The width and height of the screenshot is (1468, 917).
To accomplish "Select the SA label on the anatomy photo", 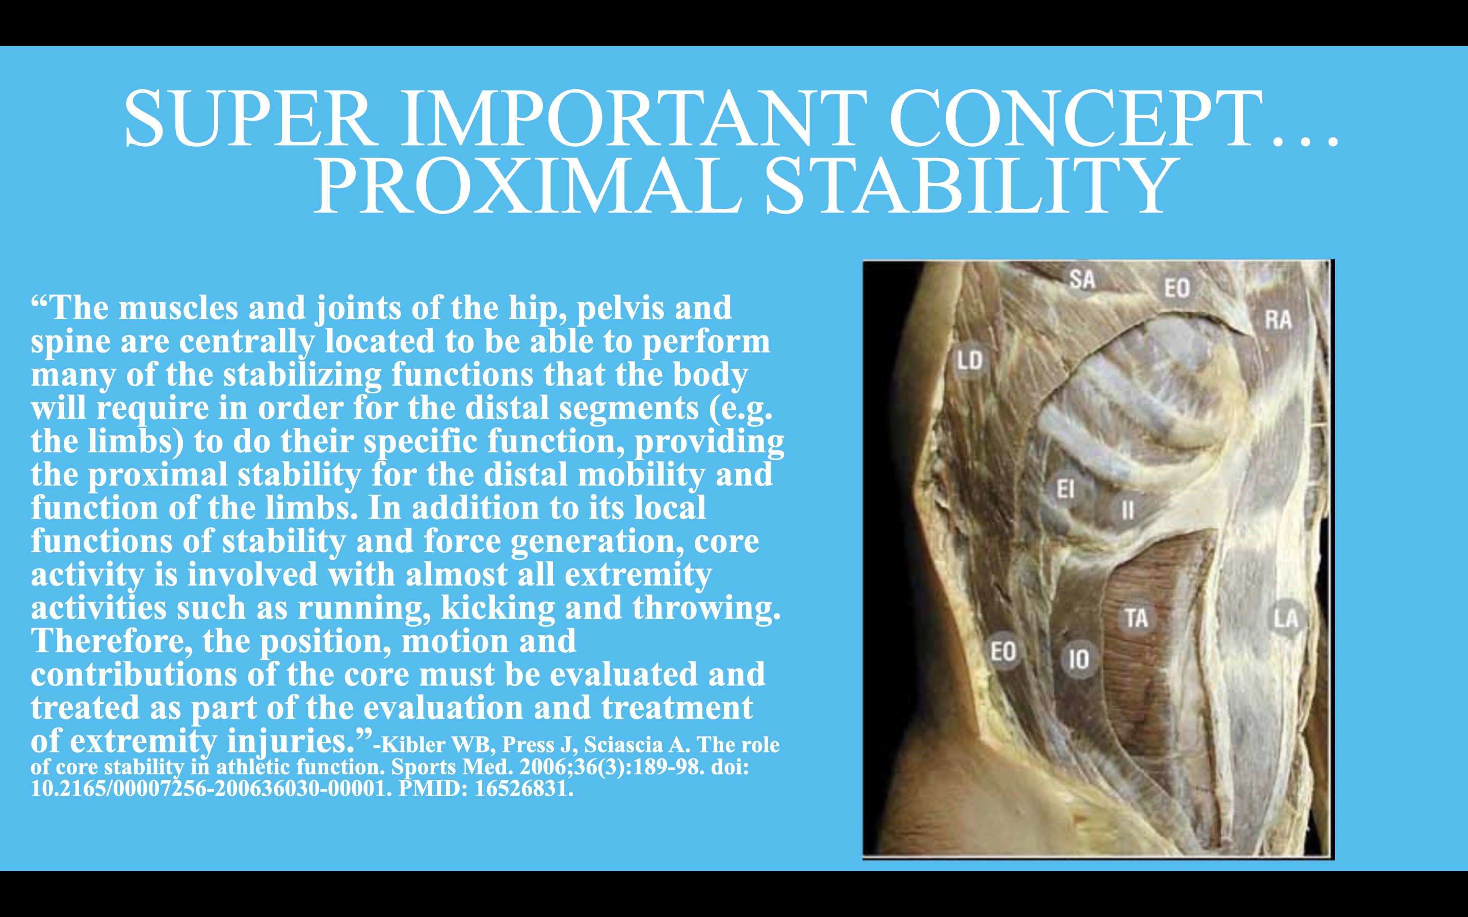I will point(1082,280).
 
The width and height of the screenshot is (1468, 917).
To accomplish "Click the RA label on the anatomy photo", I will point(1278,319).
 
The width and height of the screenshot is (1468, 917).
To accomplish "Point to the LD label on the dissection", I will point(969,361).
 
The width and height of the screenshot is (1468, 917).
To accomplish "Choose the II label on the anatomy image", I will point(1128,510).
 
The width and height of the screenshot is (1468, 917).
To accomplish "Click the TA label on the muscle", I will point(1136,618).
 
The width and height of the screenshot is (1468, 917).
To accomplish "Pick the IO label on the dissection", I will point(1079,659).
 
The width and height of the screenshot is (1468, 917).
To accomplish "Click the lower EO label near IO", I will point(1003,652).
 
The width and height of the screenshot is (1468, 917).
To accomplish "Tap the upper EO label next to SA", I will point(1177,288).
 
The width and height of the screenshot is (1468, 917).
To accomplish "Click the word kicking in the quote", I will point(497,608).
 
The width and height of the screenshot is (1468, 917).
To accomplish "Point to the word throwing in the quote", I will point(705,608).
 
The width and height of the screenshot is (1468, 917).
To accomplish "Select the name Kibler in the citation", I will point(412,745).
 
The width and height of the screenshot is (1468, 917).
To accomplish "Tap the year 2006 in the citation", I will point(545,767).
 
